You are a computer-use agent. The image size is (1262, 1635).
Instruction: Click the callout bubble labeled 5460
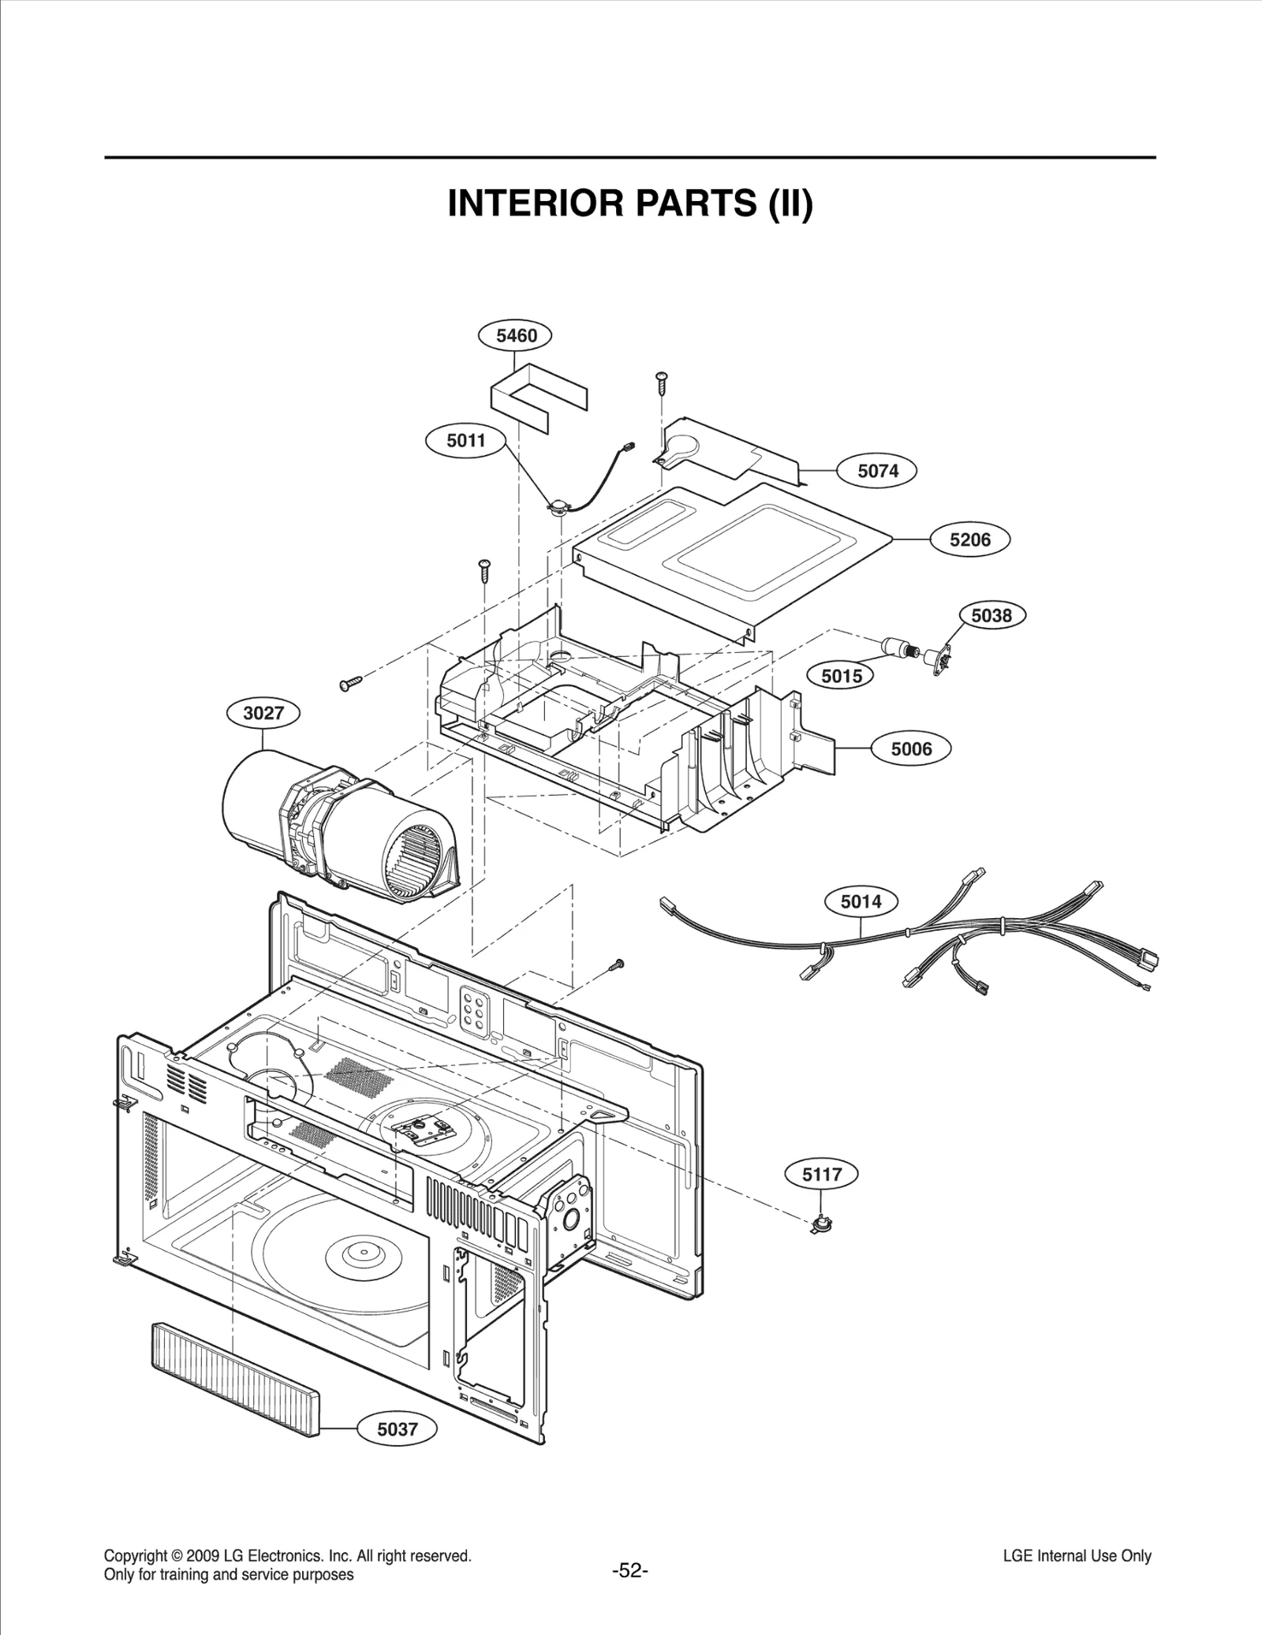516,336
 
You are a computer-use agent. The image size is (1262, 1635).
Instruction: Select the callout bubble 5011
465,440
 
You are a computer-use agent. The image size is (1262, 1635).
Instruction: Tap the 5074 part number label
877,471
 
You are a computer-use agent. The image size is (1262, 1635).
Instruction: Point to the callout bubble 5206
969,540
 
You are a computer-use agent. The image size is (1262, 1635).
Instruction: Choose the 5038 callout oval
991,615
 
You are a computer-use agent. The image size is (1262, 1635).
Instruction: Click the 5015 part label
842,676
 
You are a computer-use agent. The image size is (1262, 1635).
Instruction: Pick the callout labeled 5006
911,749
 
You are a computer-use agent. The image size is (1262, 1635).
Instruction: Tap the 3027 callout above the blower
263,714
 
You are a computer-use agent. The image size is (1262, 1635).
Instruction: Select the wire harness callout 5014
861,901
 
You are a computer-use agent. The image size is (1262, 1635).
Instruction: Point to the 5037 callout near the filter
397,1429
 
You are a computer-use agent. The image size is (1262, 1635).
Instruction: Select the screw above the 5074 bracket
661,383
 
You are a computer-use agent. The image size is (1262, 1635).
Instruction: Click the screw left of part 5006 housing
349,681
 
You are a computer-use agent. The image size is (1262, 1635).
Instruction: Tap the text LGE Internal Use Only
1077,1556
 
